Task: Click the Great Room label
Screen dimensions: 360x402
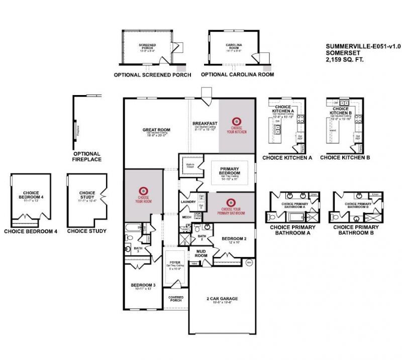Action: pos(154,130)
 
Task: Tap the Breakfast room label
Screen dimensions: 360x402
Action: pos(205,123)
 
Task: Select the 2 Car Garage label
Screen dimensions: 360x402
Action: pos(222,299)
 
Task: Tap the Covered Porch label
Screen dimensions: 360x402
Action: pos(175,299)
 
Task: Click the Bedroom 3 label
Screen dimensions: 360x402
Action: pos(143,285)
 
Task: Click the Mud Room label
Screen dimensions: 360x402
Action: pos(201,253)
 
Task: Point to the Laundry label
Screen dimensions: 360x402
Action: pos(187,202)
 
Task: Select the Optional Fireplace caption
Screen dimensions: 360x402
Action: pos(87,156)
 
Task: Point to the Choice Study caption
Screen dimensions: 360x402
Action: pos(87,231)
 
